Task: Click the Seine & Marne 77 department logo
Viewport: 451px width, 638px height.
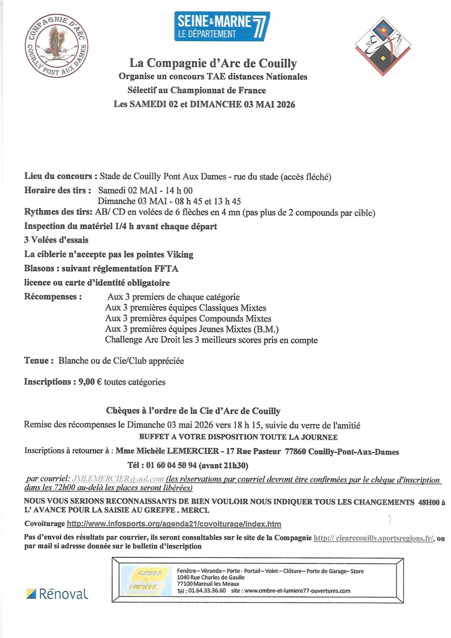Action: click(222, 26)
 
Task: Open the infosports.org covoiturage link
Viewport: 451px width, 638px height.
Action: click(174, 524)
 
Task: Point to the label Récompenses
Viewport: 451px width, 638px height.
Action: click(53, 296)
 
